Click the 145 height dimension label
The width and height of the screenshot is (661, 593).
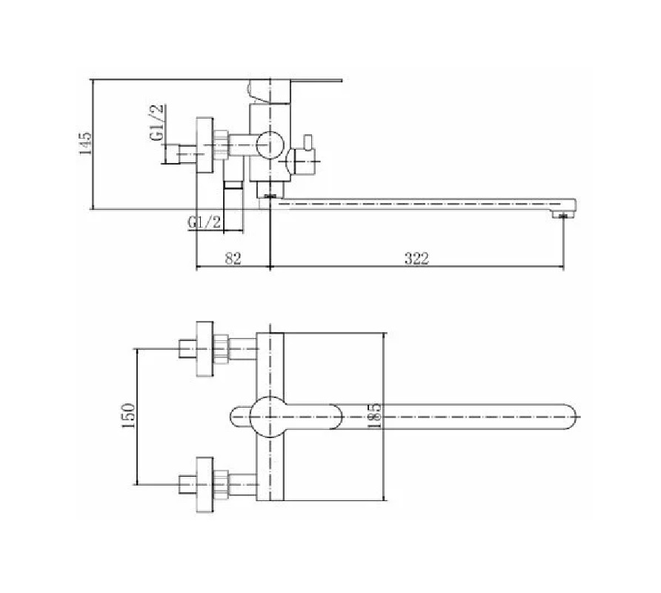click(x=85, y=143)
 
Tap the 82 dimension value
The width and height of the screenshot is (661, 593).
click(x=233, y=258)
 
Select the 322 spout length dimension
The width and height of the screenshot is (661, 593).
click(x=416, y=258)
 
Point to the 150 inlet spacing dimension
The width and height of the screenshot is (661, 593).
click(x=129, y=416)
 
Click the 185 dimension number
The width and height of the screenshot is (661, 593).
click(x=374, y=416)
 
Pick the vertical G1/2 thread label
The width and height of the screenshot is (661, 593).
click(x=156, y=122)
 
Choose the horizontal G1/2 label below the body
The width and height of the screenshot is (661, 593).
click(x=205, y=222)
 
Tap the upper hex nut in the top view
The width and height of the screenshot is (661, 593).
click(x=222, y=349)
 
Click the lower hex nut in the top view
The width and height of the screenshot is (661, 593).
click(x=222, y=484)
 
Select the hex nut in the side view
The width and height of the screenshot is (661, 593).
click(x=222, y=145)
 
